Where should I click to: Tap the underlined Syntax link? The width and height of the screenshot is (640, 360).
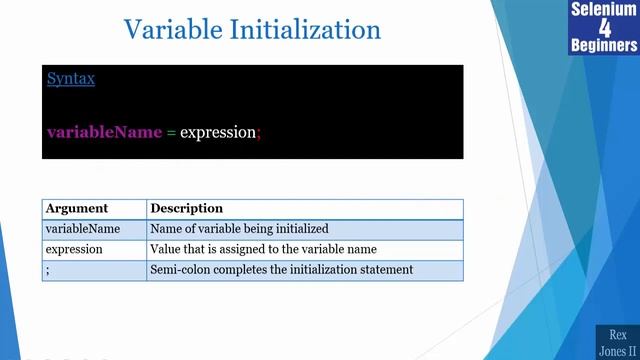tap(70, 78)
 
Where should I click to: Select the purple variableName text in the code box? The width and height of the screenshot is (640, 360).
tap(104, 132)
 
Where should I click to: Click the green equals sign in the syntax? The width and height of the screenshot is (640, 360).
tap(171, 132)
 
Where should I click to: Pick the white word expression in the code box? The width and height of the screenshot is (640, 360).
tap(217, 132)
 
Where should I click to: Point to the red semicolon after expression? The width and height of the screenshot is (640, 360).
tap(259, 133)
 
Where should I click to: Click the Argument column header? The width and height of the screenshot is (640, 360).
tap(76, 208)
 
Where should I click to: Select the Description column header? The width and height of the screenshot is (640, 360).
tap(186, 208)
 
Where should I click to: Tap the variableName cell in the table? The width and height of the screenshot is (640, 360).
tap(83, 229)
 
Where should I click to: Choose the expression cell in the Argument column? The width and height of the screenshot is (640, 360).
tap(75, 249)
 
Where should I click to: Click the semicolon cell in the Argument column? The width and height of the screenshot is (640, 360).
tap(48, 269)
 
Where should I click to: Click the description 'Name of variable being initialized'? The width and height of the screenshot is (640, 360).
tap(239, 229)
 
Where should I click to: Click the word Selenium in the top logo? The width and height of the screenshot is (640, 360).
tap(604, 10)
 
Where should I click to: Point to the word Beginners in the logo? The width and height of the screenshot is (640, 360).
tap(604, 46)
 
